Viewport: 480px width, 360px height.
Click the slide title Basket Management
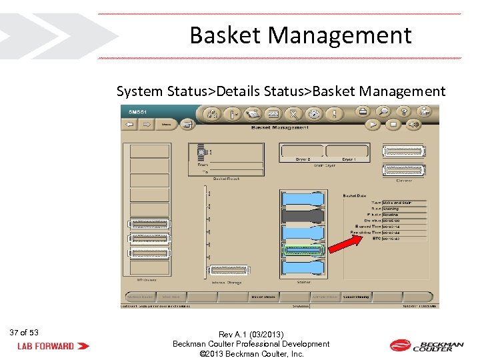click(300, 35)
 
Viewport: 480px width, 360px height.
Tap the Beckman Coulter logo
click(426, 345)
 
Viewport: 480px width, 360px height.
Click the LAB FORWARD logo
click(53, 345)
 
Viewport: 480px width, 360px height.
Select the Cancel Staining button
click(357, 297)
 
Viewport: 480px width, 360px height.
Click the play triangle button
click(375, 124)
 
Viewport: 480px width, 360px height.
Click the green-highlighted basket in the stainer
click(303, 250)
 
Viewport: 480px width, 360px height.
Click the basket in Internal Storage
click(231, 270)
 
